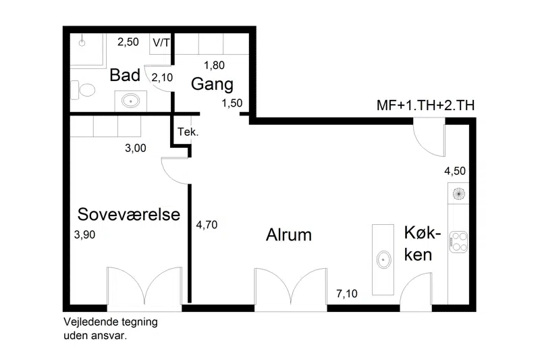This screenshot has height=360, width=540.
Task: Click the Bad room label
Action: [x=125, y=75]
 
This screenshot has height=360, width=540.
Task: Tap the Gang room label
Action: [x=212, y=84]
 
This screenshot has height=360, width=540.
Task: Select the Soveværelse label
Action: [x=129, y=215]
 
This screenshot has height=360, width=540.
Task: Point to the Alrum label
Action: [x=289, y=235]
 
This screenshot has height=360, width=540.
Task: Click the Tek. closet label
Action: [x=188, y=132]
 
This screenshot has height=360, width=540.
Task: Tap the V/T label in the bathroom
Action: [x=161, y=43]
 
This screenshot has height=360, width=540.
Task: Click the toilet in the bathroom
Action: [x=84, y=90]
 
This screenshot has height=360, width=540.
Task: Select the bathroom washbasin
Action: [x=130, y=101]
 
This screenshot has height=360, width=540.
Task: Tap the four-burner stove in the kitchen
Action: [x=458, y=241]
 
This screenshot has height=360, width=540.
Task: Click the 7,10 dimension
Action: [x=347, y=294]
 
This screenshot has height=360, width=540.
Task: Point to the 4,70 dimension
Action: [x=207, y=225]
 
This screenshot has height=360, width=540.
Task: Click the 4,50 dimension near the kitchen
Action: [x=454, y=170]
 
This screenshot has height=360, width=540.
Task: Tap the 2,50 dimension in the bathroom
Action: [x=128, y=42]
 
